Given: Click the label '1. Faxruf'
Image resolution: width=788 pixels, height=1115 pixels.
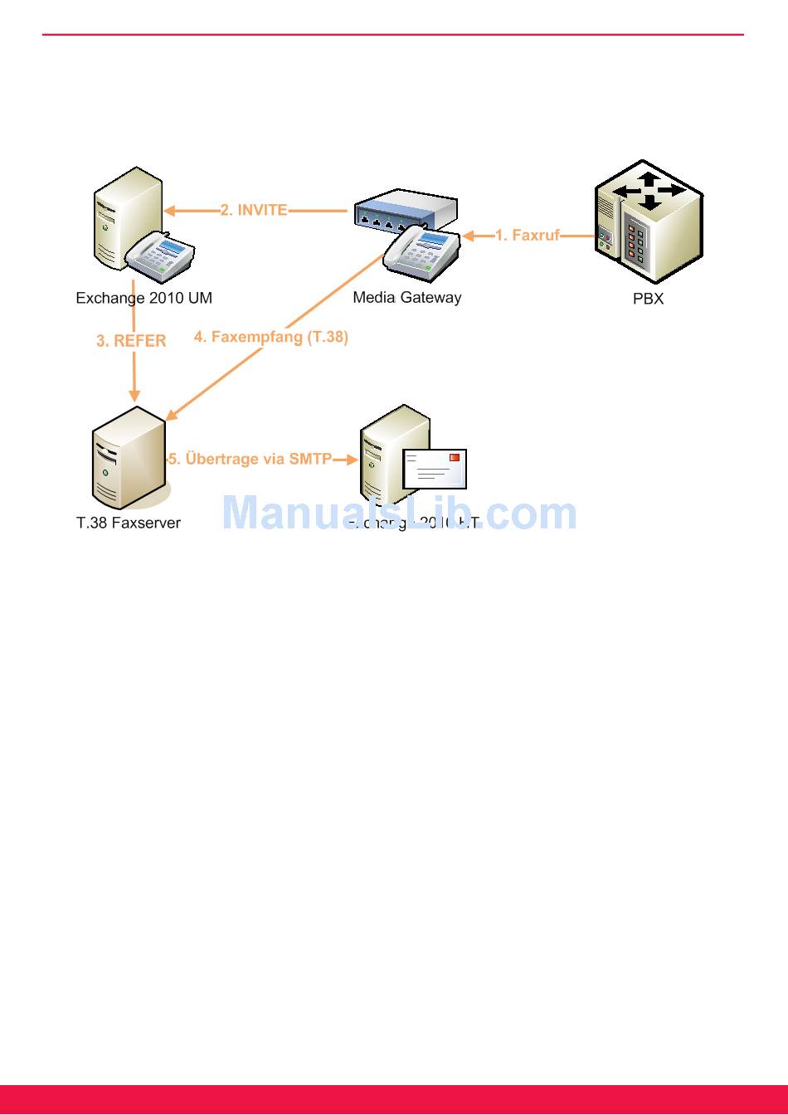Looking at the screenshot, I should (x=528, y=236).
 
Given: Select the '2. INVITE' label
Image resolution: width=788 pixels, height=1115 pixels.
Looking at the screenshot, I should (x=254, y=211).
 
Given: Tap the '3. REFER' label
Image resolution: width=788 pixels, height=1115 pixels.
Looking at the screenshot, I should (x=131, y=340).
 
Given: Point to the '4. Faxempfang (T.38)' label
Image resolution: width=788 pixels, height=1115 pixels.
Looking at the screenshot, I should (x=270, y=337).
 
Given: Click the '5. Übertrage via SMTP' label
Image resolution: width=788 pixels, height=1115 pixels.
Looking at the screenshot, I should (x=250, y=459).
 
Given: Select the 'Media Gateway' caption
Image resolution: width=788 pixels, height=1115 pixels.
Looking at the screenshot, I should (x=406, y=297).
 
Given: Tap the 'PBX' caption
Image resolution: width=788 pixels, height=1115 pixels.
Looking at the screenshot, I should (x=648, y=299).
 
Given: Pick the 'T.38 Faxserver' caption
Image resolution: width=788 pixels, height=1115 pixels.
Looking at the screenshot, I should (x=129, y=523).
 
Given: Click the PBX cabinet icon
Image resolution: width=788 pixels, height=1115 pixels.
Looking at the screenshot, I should (x=649, y=224).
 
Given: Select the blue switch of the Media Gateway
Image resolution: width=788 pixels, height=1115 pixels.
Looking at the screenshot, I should (x=405, y=212).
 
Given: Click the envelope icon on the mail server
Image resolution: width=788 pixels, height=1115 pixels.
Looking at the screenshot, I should (x=435, y=470).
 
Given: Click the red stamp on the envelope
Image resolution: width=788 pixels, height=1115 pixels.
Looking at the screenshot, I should (x=454, y=457).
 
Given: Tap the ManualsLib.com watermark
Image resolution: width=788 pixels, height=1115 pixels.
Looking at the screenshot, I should (x=400, y=514).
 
